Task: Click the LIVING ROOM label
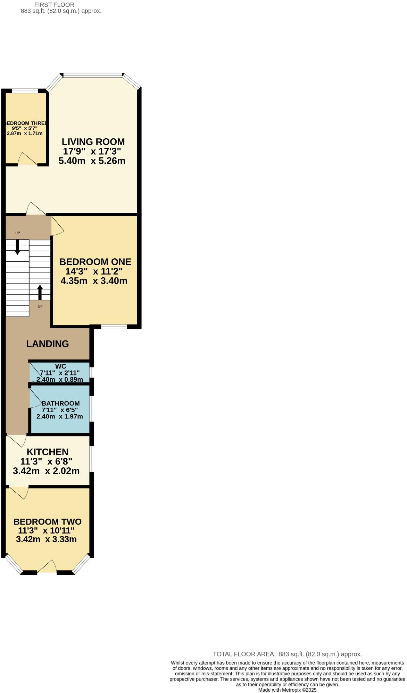coord(93,142)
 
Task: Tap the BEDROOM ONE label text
coord(95,262)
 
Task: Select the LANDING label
coord(48,344)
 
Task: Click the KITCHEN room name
coord(48,452)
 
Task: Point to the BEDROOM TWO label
coord(48,522)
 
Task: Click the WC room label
coord(60,366)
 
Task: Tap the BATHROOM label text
coord(60,403)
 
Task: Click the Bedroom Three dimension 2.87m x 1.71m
coord(25,133)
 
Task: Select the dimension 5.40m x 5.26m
coord(92,161)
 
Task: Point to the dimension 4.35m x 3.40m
coord(94,281)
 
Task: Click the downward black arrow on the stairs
coord(17,247)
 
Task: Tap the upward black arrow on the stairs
coord(40,292)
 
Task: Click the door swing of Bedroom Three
coord(27,159)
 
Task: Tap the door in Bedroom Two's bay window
coord(48,567)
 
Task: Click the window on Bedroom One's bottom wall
coord(114,327)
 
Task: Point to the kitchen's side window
coord(91,459)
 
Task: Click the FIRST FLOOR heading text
coord(55,5)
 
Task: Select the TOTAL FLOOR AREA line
coord(287,654)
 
